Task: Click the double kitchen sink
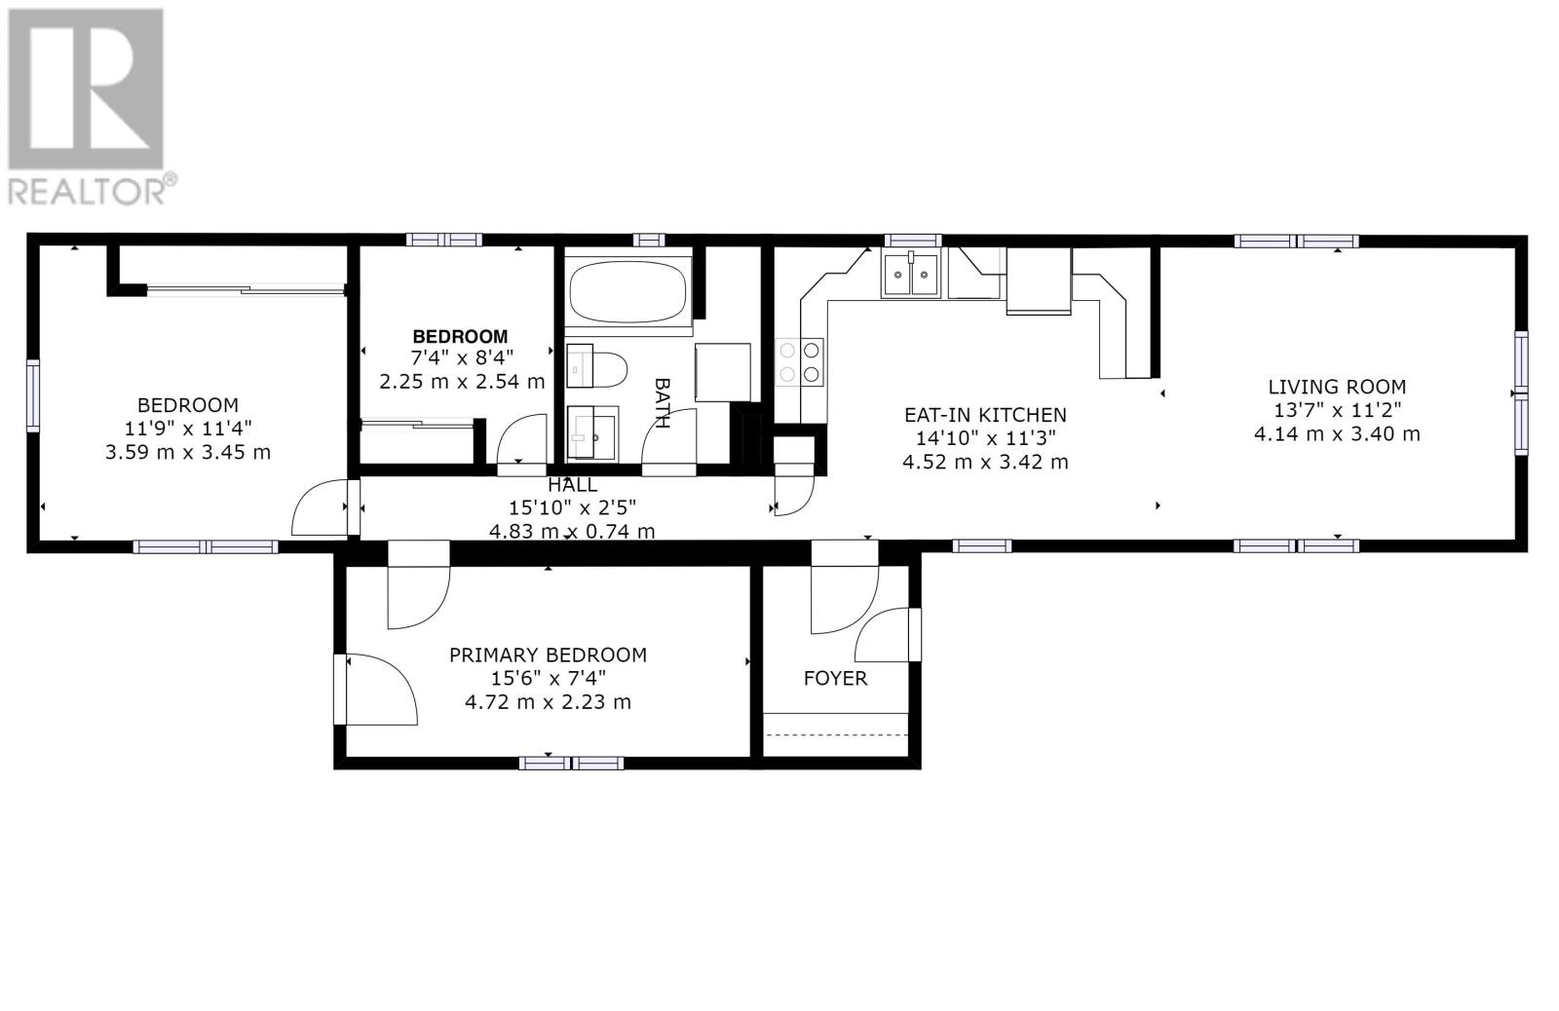(911, 275)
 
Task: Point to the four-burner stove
(800, 361)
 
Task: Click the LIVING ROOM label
(1336, 387)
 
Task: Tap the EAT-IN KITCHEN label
(985, 415)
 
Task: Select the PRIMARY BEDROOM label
(548, 655)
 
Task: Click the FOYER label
(835, 679)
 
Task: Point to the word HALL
(572, 485)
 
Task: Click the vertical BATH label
(662, 403)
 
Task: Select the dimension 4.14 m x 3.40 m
(1337, 434)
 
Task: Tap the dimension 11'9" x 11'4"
(187, 429)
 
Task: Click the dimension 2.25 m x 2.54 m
(462, 382)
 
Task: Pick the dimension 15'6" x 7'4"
(548, 679)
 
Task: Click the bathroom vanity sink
(592, 433)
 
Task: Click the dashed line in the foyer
(836, 734)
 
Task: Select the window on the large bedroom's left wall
(32, 395)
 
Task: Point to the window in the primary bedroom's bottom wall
(571, 764)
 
